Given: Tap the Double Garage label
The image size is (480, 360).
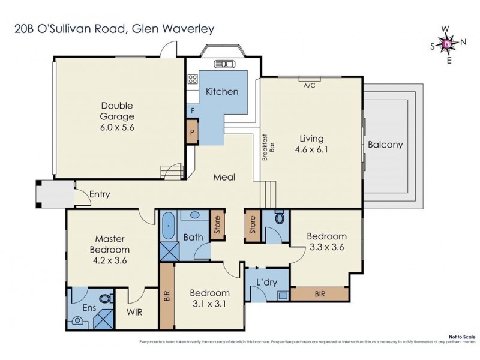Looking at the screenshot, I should pos(117,111).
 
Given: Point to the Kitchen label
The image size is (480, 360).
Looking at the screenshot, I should pos(222,92).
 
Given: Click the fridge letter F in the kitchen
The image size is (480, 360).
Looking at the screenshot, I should pos(192,111).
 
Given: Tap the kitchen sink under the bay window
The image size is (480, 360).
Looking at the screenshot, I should pos(222,64).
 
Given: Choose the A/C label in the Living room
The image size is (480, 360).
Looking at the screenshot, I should pos(310,86).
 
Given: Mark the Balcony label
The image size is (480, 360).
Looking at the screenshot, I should pos(385,145).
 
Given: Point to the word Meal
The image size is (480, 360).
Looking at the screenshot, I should pos(224,178).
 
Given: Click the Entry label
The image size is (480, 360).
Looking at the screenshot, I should pos(100,194).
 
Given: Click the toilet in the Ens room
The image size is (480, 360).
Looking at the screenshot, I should pos(106,298).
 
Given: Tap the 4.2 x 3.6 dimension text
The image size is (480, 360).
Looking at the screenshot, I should pos(109,260).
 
